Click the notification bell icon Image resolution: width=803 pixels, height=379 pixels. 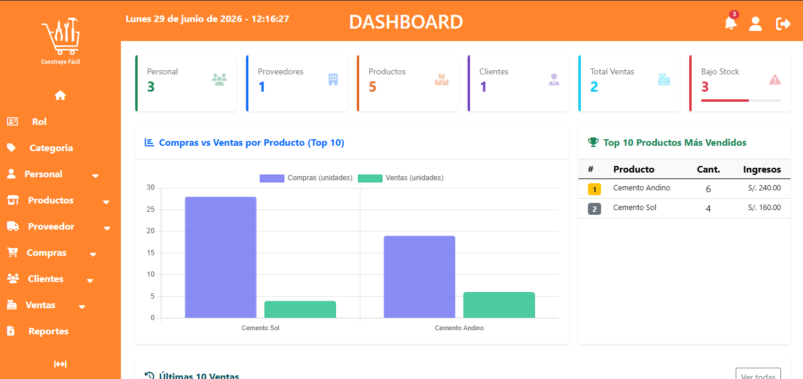(x=730, y=23)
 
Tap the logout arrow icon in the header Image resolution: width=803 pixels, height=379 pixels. (x=783, y=24)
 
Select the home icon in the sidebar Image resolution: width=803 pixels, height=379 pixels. (x=60, y=95)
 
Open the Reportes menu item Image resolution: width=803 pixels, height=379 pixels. (x=48, y=331)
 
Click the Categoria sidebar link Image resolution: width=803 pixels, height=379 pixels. (x=51, y=148)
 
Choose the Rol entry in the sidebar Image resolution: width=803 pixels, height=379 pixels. (x=39, y=122)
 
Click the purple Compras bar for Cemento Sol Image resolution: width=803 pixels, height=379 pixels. (x=220, y=257)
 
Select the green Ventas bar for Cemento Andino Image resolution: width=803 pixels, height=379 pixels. (x=499, y=305)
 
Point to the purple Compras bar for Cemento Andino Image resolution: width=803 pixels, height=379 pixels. (x=419, y=277)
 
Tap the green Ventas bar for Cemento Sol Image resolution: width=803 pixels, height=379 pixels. (x=300, y=309)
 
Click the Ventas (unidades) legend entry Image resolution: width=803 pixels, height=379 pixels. (x=401, y=178)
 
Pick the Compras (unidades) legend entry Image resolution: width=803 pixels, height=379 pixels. (x=306, y=178)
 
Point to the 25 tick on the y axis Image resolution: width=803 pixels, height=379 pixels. (x=151, y=209)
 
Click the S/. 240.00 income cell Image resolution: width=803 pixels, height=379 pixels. (x=764, y=188)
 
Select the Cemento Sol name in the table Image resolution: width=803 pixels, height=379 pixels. (x=634, y=208)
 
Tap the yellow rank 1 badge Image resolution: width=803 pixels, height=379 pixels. (x=595, y=189)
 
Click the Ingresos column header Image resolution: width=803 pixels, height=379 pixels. (x=762, y=170)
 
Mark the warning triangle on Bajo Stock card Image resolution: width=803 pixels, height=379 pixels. (x=774, y=80)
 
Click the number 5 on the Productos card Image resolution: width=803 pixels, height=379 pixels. (x=372, y=87)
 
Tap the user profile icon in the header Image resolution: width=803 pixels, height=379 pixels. (x=755, y=24)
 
